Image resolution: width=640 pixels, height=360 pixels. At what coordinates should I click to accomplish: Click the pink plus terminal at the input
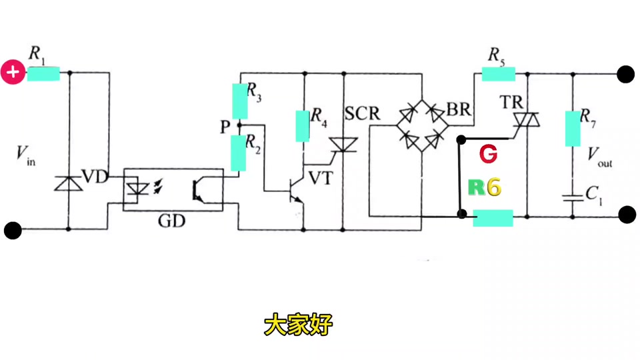coord(13,72)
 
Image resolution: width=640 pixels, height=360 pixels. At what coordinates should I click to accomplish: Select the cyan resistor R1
coord(43,74)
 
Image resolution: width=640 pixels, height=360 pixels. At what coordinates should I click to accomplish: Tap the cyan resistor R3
coord(239,101)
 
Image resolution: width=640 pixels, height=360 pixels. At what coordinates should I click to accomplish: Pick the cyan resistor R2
coord(239,153)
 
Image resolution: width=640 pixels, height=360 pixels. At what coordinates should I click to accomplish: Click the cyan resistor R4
coord(303,126)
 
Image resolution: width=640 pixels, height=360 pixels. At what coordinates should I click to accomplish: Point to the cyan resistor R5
coord(499,74)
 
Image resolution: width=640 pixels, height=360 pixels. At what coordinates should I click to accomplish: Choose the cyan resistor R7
coord(573,129)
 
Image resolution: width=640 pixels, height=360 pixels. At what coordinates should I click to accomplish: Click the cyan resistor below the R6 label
coord(493,218)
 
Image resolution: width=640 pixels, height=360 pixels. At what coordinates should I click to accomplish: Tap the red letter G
coord(488,154)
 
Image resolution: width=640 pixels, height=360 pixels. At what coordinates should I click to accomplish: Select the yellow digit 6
coord(494,187)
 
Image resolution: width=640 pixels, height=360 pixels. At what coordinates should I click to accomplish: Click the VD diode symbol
coord(69,183)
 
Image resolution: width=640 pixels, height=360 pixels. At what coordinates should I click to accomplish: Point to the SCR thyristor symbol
coord(343,145)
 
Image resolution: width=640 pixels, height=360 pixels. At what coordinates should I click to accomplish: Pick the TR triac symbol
coord(527,119)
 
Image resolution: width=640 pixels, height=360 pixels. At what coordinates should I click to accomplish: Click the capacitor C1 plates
coord(573,199)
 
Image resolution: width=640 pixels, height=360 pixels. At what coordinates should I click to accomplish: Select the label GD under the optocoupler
coord(171,221)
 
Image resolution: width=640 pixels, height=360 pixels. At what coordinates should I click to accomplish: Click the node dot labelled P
coord(239,125)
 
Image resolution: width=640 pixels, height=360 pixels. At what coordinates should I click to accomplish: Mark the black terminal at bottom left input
coord(13,230)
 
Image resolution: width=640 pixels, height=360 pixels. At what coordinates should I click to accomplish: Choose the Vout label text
coord(599,157)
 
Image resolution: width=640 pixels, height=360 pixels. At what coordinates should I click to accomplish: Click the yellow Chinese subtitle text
coord(299,325)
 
